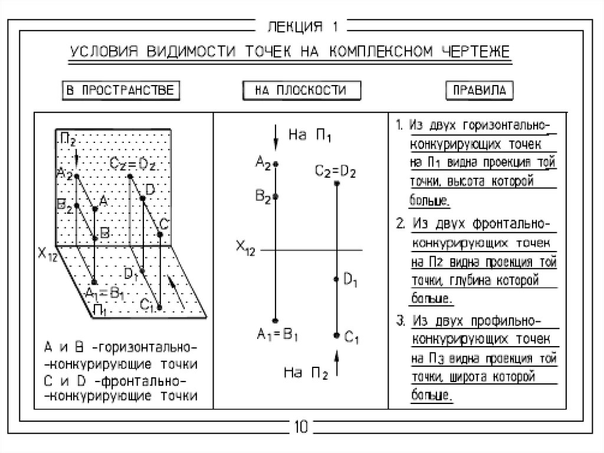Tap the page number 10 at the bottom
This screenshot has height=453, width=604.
(x=301, y=426)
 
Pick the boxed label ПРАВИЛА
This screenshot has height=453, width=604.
(x=479, y=91)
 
